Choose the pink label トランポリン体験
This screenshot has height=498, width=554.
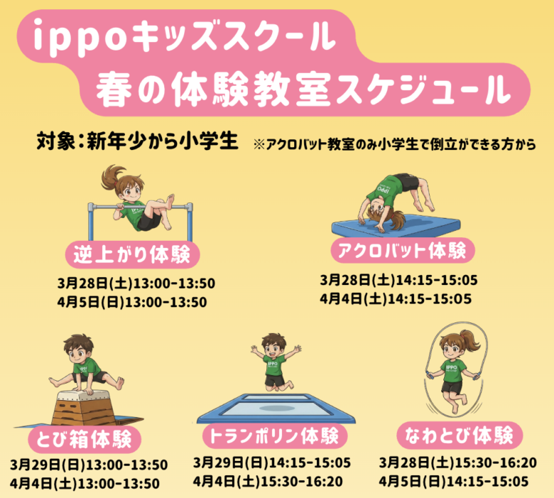coord(270,434)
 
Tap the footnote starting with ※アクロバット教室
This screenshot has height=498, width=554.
coord(393,144)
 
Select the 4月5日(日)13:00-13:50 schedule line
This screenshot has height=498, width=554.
coord(132,302)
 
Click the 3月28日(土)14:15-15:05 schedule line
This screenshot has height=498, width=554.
coord(398,279)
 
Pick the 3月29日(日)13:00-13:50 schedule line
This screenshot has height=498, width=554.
coord(89,465)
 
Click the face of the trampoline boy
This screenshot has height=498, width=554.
coord(273,346)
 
